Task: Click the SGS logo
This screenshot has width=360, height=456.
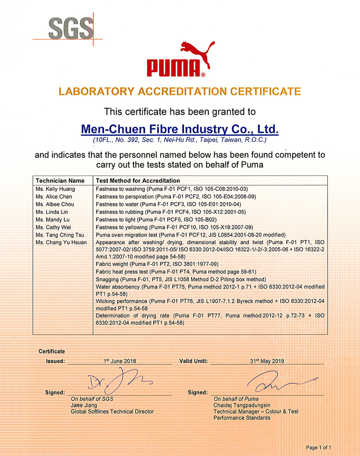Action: [71, 28]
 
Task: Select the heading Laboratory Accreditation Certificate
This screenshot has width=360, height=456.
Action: [180, 91]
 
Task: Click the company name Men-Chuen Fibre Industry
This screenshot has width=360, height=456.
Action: [180, 129]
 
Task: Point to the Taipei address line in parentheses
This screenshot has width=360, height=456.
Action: [180, 140]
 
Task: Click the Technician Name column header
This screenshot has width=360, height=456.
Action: [60, 181]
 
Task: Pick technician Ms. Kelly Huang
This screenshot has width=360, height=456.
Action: [55, 189]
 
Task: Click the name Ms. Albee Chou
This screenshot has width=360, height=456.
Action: [55, 204]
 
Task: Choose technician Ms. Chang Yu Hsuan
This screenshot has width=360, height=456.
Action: [61, 243]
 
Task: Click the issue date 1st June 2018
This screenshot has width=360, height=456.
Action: [119, 361]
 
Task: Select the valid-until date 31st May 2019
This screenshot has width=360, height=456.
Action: [267, 361]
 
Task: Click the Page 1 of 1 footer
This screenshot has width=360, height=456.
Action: [319, 447]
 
